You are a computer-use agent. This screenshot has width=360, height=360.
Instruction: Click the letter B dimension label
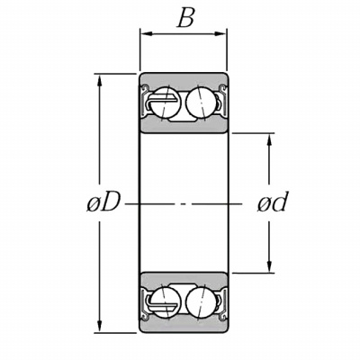[x=186, y=17]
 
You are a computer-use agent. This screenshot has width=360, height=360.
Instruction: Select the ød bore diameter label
[x=273, y=202]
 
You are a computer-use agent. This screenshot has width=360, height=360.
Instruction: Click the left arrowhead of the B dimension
[x=147, y=34]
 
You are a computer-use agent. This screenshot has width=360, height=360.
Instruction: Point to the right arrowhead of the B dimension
[x=220, y=34]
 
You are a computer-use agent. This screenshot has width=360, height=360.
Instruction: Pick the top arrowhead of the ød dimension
[x=269, y=139]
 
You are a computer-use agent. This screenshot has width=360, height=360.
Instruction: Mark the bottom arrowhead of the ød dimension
[x=269, y=266]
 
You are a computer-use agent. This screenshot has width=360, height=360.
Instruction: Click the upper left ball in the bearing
[x=164, y=103]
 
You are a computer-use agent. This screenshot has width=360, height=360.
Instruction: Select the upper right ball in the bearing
[x=202, y=102]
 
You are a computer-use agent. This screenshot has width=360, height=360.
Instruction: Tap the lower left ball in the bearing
[x=165, y=302]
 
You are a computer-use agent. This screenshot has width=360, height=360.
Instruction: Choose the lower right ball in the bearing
[x=201, y=303]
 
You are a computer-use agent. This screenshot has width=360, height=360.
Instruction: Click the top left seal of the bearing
[x=145, y=101]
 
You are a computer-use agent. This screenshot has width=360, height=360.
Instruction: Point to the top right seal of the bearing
[x=222, y=100]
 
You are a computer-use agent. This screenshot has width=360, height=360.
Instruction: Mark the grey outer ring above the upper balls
[x=184, y=80]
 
